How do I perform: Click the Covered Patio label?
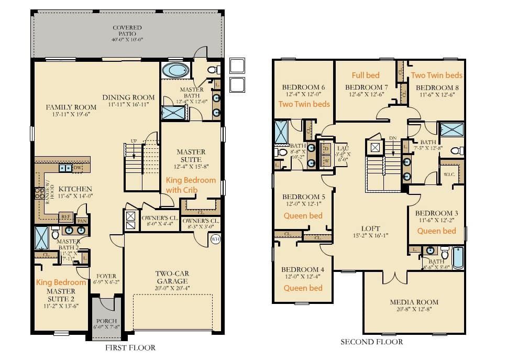click(127, 31)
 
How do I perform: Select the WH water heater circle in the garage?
click(215, 239)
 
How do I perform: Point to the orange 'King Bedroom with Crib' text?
click(191, 184)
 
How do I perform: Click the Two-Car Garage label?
click(172, 277)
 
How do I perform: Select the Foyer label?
click(107, 279)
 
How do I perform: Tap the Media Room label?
click(414, 306)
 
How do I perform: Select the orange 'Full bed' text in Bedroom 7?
click(366, 75)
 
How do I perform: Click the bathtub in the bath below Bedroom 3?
click(458, 258)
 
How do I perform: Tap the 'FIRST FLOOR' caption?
click(130, 347)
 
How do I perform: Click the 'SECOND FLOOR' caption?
click(371, 342)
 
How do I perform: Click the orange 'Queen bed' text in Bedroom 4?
click(303, 288)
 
